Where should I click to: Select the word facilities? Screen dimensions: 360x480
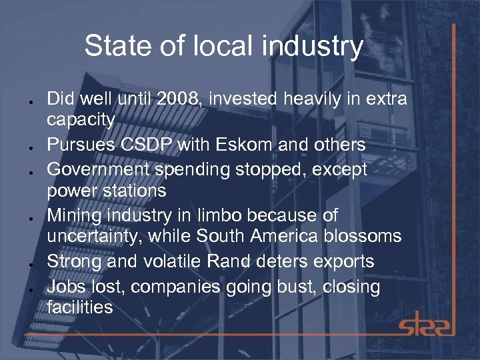(80, 307)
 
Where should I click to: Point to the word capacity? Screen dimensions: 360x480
(81, 121)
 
